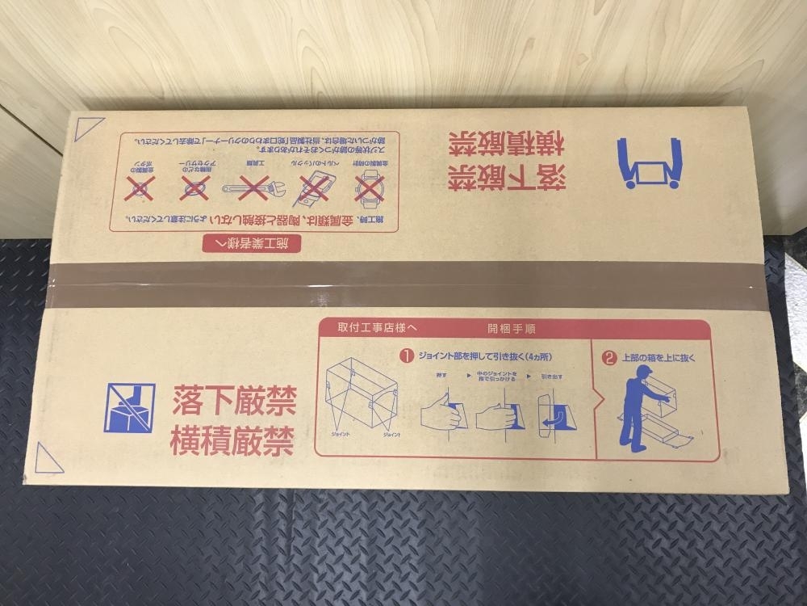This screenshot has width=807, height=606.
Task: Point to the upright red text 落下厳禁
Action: coord(233,398)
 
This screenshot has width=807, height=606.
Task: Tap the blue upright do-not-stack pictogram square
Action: coord(129,408)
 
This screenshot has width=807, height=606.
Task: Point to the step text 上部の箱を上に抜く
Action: coord(658,356)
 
